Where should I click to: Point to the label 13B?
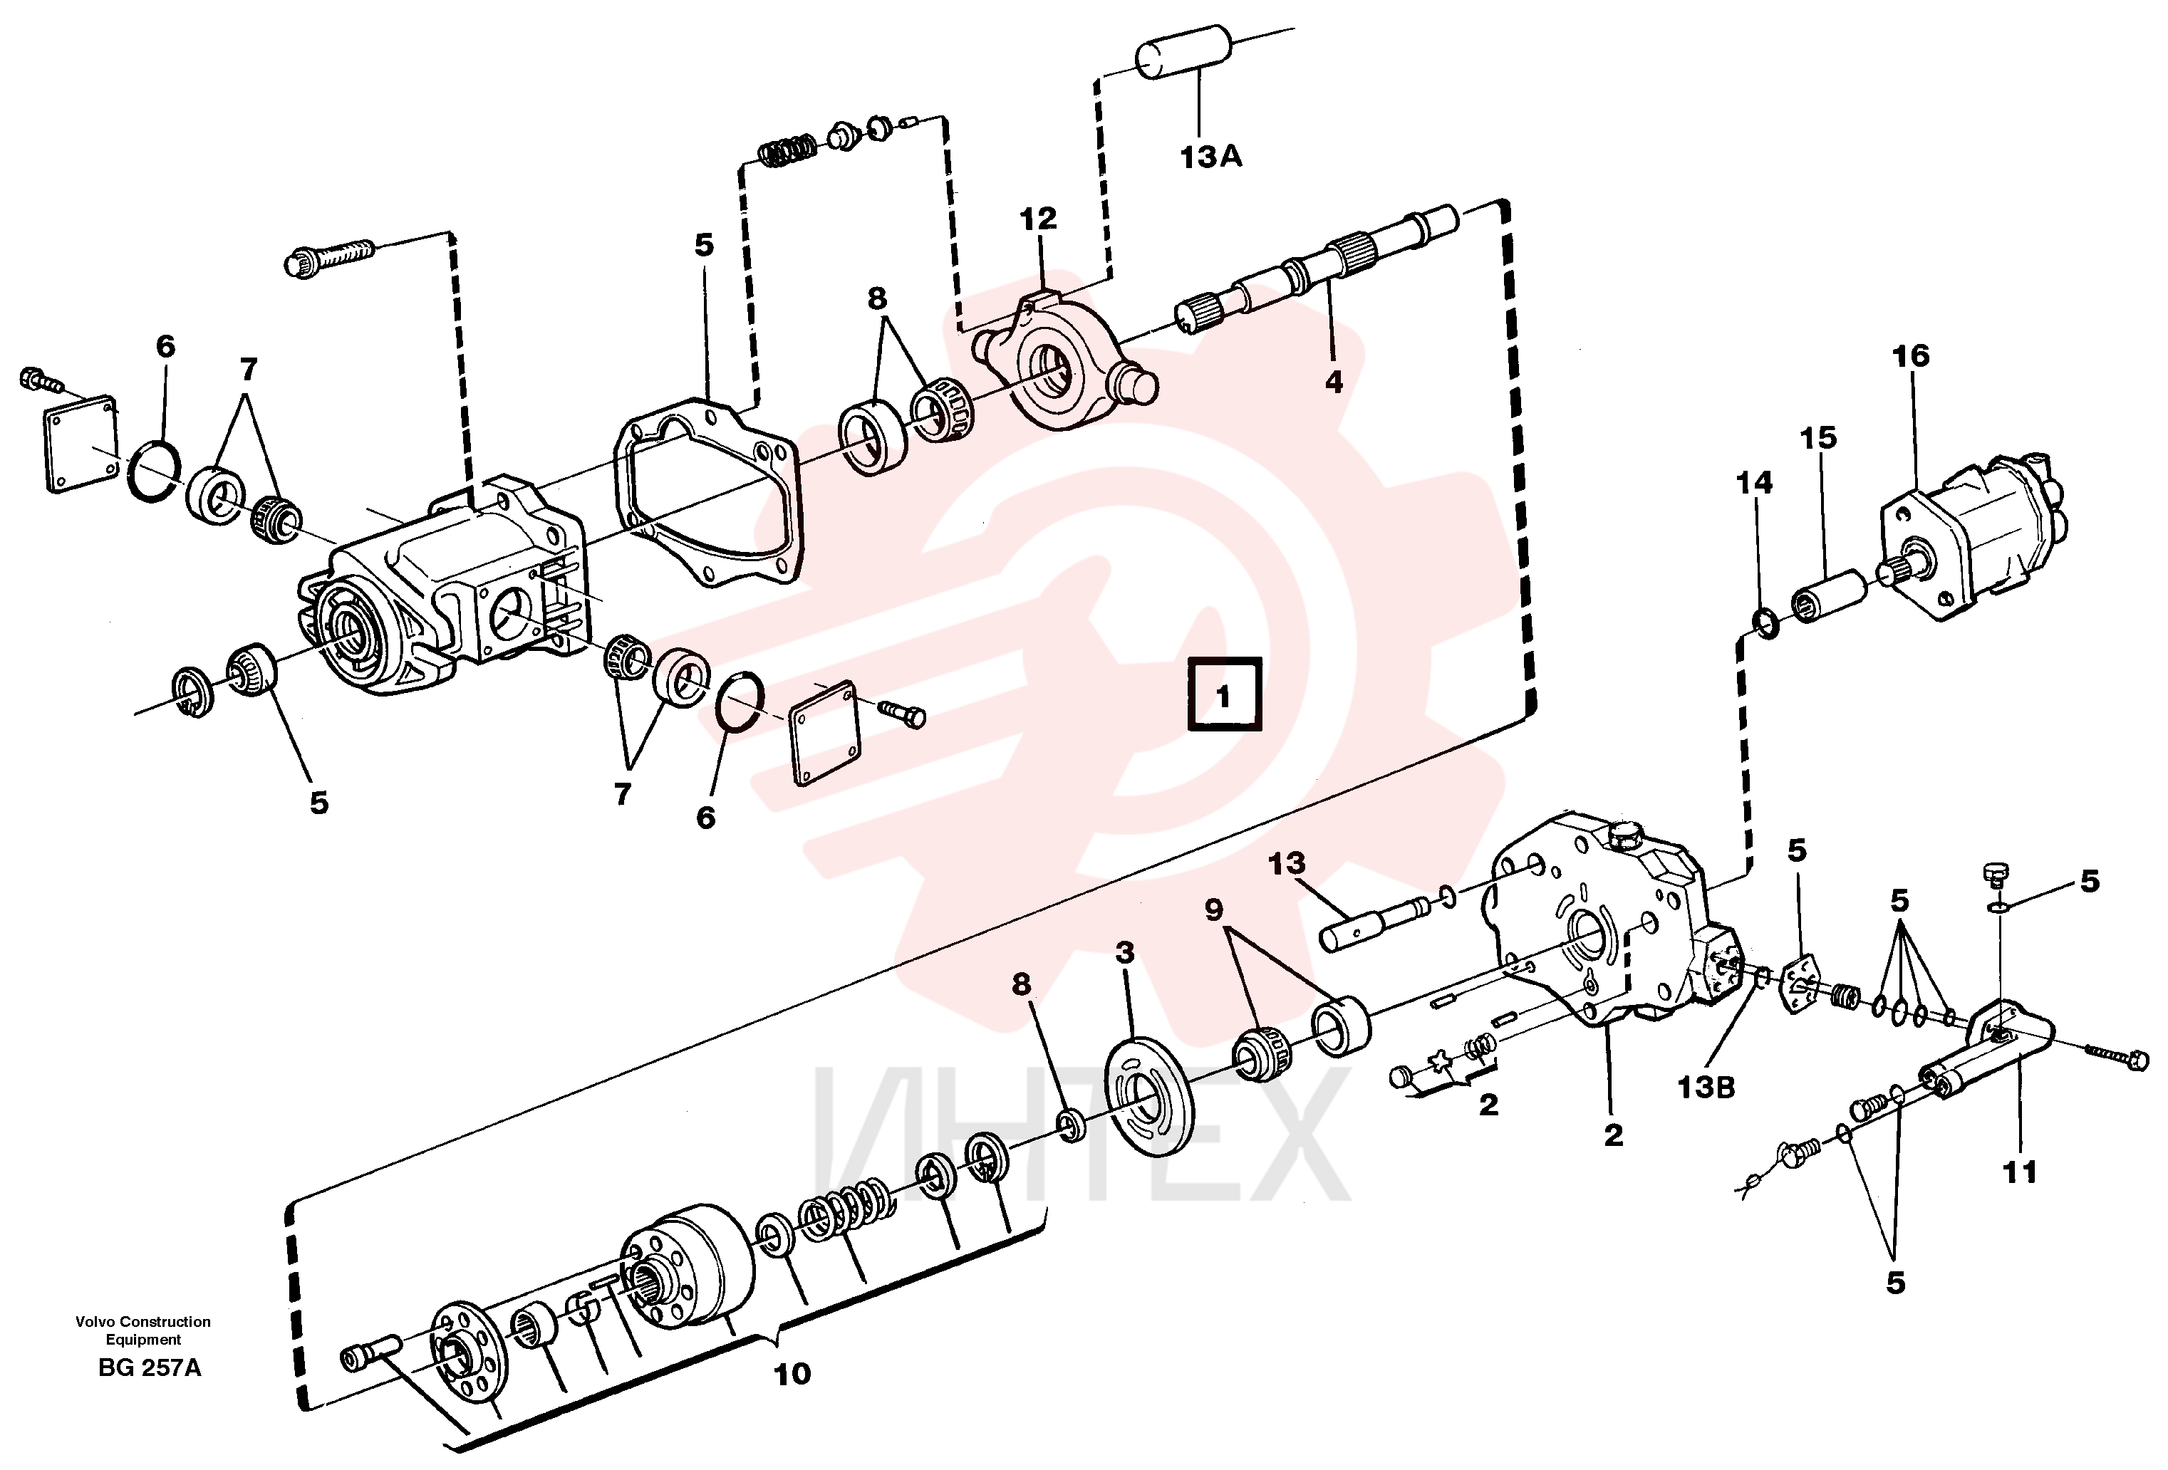tap(1706, 1087)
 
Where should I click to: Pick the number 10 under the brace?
tap(792, 1373)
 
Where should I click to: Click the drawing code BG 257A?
tap(150, 1368)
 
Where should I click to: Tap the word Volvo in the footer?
tap(94, 1322)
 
